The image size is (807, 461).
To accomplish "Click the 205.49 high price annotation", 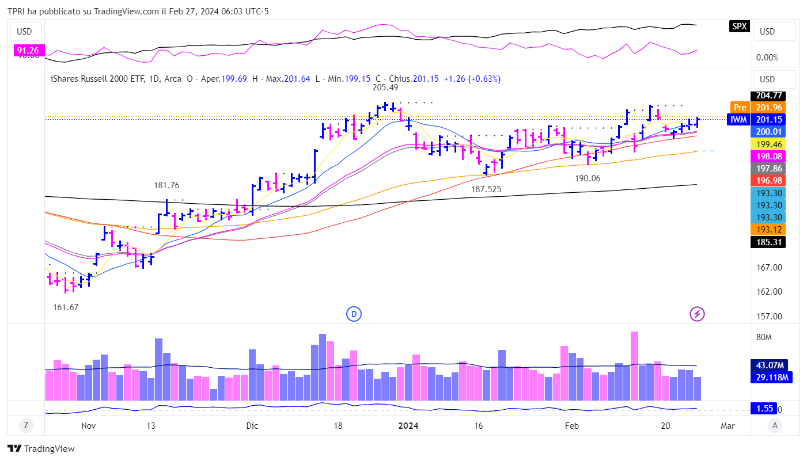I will [385, 87].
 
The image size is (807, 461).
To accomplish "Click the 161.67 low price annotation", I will [66, 307].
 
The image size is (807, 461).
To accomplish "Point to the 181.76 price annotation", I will [166, 185].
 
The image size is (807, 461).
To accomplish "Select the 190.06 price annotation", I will [588, 178].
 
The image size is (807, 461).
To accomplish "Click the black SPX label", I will [740, 26].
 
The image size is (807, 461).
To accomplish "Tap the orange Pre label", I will [740, 108].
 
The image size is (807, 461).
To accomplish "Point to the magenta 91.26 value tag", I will [28, 51].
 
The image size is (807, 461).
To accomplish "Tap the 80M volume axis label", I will [763, 337].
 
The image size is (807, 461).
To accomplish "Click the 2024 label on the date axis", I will [408, 426].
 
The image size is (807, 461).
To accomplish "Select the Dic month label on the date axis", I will [252, 426].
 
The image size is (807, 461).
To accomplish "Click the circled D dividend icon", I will [354, 314].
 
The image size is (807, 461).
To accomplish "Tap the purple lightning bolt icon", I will [697, 314].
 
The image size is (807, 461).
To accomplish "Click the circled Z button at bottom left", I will [26, 426].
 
